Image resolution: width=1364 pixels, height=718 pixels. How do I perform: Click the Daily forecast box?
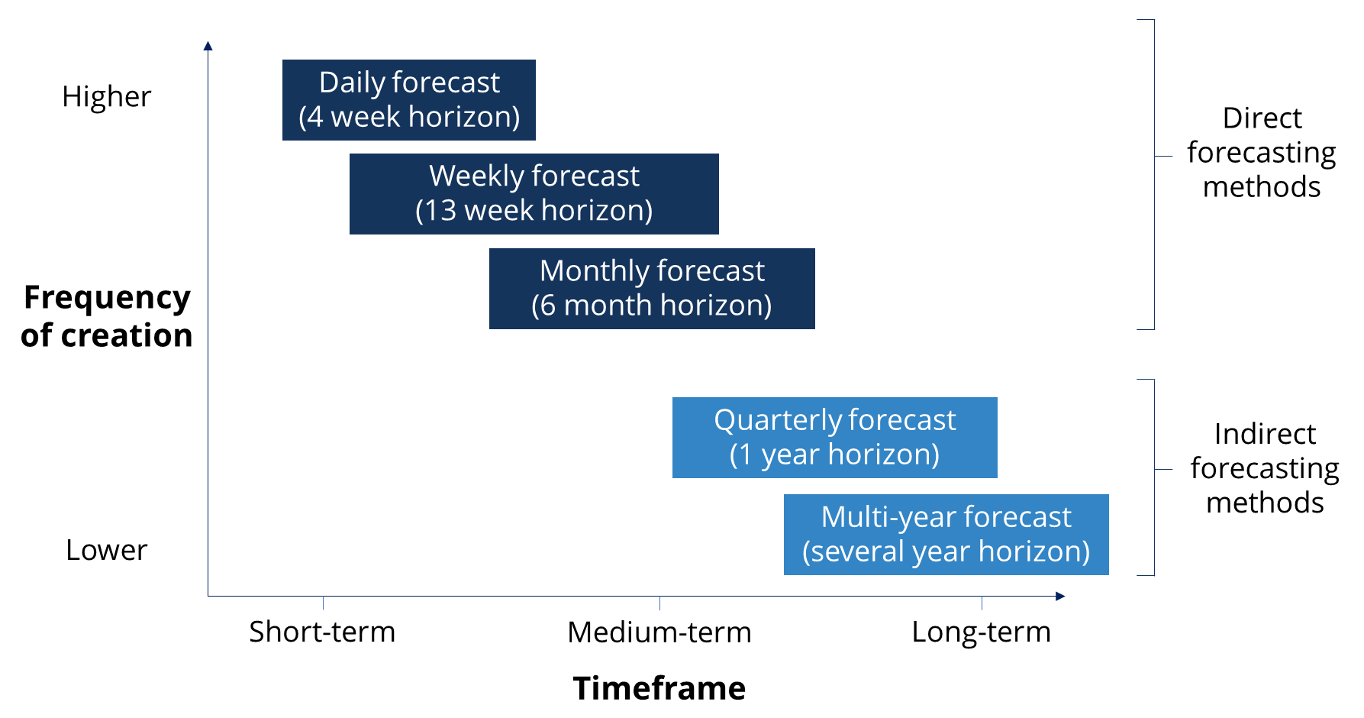[x=409, y=100]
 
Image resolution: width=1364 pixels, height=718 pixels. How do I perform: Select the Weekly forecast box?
[x=534, y=194]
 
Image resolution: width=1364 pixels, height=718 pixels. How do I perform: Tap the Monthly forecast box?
[x=652, y=289]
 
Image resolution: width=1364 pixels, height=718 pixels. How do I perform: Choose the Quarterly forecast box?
[x=835, y=438]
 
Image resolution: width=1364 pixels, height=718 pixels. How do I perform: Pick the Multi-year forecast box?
[x=946, y=535]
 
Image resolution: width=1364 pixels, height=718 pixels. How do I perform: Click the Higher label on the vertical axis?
[x=107, y=97]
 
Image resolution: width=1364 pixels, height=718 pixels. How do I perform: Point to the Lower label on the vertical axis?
[x=107, y=550]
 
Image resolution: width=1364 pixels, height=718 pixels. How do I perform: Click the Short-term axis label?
[x=322, y=632]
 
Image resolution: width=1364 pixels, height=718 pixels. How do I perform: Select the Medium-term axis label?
[x=659, y=632]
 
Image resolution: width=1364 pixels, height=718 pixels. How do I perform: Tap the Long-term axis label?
[x=982, y=632]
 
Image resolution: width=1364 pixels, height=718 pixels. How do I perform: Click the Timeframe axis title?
[x=659, y=688]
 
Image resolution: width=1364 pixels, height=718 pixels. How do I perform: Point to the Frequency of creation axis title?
[x=107, y=316]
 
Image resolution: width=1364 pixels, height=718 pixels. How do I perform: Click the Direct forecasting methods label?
[x=1262, y=152]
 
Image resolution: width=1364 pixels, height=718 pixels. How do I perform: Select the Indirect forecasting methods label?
[x=1265, y=468]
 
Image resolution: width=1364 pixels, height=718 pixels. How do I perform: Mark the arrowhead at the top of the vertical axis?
[x=208, y=45]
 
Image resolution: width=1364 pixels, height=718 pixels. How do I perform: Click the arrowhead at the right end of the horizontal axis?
[x=1060, y=596]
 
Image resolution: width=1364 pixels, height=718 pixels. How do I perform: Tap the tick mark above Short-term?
[x=323, y=603]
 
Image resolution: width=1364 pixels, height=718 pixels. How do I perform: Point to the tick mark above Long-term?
[x=982, y=603]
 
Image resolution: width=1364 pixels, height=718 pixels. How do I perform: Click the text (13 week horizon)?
[x=534, y=211]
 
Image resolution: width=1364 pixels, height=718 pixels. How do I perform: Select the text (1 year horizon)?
[x=835, y=454]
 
